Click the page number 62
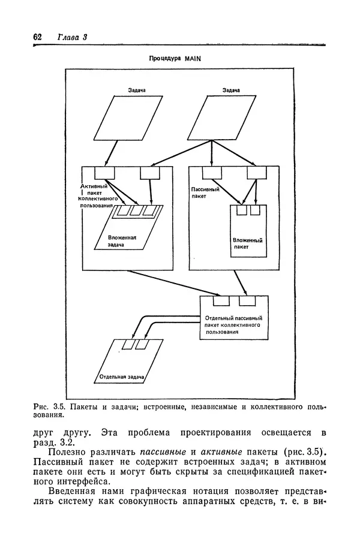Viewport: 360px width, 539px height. point(37,37)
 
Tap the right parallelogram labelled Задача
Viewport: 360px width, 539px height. point(223,117)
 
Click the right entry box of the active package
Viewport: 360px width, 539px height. point(149,173)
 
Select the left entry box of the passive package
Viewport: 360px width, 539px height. point(211,173)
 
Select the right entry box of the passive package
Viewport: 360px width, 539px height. point(256,173)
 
